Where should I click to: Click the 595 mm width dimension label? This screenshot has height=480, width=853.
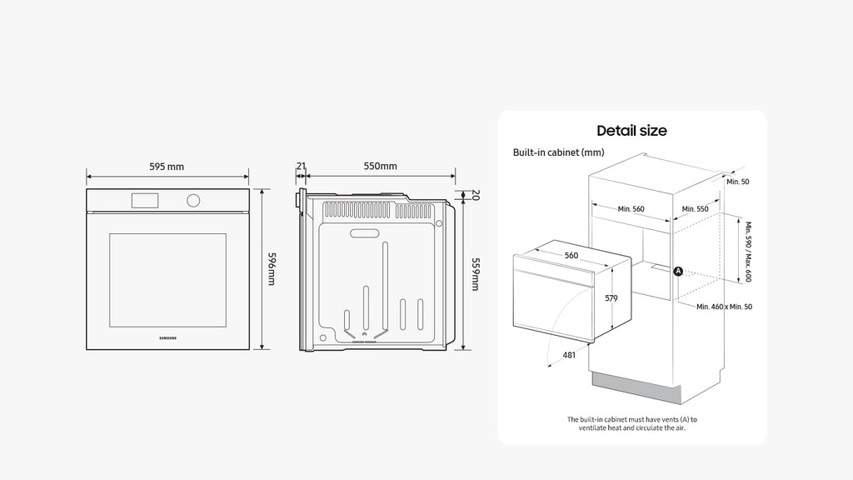tap(167, 167)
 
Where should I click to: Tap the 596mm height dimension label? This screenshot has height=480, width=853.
tap(271, 268)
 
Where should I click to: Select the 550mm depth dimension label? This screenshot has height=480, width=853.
tap(380, 166)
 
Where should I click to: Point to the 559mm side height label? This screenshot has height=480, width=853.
tap(475, 274)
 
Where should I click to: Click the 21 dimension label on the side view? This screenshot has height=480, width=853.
tap(301, 166)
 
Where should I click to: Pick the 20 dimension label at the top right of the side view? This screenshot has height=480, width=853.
tap(475, 195)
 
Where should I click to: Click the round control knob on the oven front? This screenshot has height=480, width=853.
tap(193, 200)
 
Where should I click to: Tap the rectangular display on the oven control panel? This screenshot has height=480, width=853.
tap(145, 200)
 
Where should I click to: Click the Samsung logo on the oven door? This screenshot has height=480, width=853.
tap(167, 338)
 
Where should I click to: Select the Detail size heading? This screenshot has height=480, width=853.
tap(631, 131)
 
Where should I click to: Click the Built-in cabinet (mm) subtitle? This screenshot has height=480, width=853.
tap(558, 152)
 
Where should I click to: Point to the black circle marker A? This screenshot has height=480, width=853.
tap(678, 271)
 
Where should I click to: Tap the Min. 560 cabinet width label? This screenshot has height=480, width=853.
tap(631, 209)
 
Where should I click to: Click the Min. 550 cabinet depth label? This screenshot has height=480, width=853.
tap(696, 209)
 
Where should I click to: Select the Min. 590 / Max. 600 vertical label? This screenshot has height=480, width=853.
tap(748, 252)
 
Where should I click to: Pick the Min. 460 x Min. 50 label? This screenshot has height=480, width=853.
tap(724, 307)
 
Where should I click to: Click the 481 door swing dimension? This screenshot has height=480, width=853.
tap(569, 355)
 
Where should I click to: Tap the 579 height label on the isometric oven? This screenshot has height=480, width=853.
tap(611, 298)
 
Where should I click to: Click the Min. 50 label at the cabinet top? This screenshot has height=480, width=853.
tap(738, 182)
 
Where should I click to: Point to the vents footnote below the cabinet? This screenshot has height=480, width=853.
tap(631, 424)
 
